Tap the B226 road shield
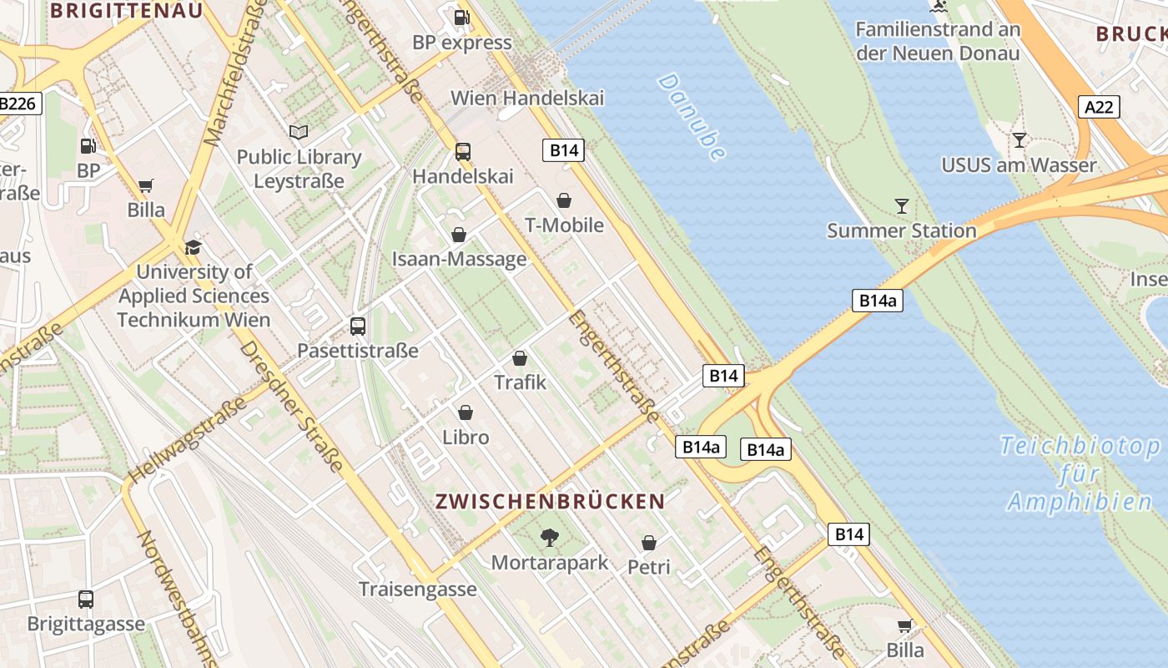(18, 104)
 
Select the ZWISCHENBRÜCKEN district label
(550, 501)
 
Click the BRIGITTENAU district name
(127, 11)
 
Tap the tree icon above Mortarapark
(549, 537)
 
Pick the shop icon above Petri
(649, 543)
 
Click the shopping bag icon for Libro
(466, 412)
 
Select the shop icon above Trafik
(520, 358)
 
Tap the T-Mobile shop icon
(564, 200)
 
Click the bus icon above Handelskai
(463, 152)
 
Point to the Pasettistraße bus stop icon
(358, 326)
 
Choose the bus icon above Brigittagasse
(86, 599)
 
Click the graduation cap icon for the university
(194, 247)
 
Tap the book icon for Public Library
(299, 132)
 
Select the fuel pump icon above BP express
(461, 18)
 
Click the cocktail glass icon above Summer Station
(902, 205)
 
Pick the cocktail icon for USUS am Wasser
(1019, 139)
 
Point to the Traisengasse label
(418, 589)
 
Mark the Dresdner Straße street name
(292, 407)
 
